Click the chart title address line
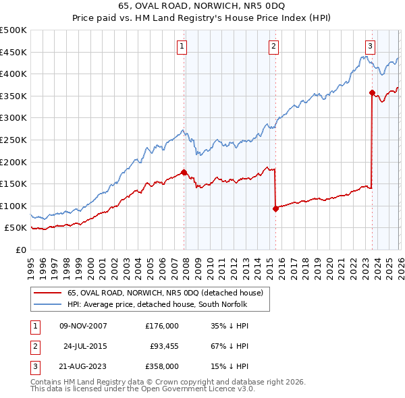click(x=202, y=7)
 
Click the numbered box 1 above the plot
click(x=183, y=46)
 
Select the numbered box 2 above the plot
click(x=273, y=46)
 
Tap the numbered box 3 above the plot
click(x=371, y=46)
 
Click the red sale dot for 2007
click(x=184, y=172)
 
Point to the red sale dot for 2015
click(x=275, y=208)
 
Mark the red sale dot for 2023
click(x=372, y=92)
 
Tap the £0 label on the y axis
click(x=21, y=250)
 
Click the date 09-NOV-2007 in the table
click(x=83, y=326)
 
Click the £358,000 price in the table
click(x=162, y=366)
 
